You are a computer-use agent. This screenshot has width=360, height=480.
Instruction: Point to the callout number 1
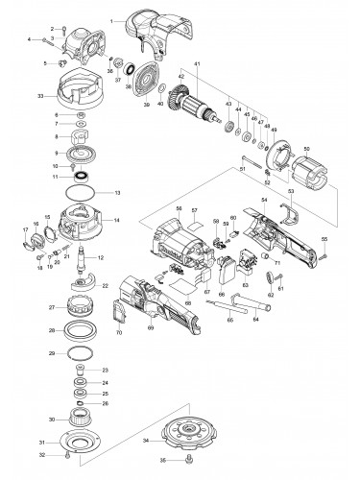point(110,19)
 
